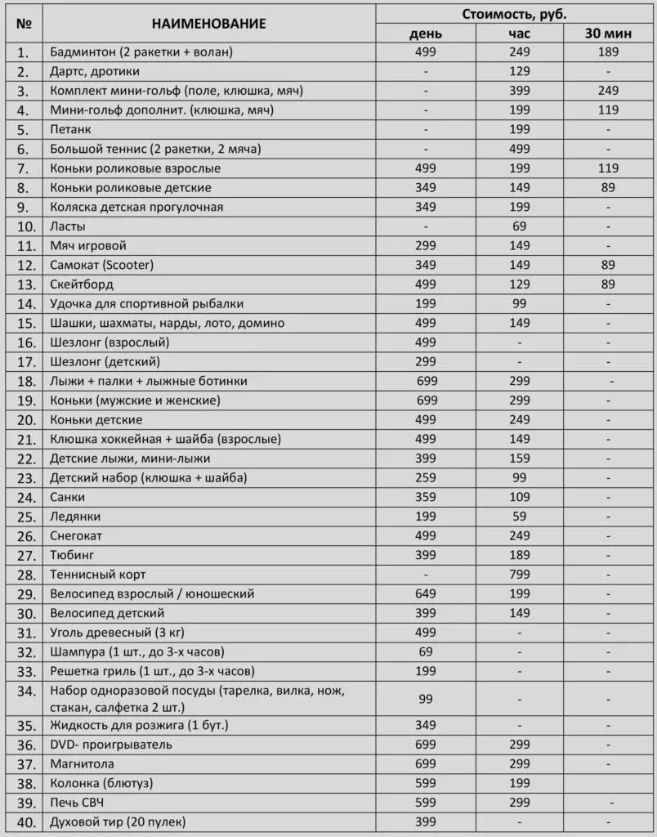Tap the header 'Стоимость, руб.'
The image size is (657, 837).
coord(514,14)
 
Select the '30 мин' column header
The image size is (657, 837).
coord(607,34)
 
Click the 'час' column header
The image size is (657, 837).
coord(520,34)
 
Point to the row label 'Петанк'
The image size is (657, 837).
coord(70,129)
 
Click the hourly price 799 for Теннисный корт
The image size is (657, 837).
coord(520,575)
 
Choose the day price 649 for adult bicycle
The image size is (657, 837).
coord(427,593)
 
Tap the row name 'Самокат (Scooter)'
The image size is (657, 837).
coord(101,265)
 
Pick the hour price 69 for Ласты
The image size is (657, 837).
coord(520,226)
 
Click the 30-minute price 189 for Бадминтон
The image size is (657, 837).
coord(607,52)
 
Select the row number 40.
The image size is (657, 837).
coord(25,821)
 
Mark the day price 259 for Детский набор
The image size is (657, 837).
coord(427,477)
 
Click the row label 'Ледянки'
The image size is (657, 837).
coord(74,517)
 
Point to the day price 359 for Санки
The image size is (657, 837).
coord(427,497)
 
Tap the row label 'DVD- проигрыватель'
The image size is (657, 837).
coord(110,745)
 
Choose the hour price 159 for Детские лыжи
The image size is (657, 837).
coord(520,459)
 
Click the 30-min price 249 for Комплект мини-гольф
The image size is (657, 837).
coord(607,91)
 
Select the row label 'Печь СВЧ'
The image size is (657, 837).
coord(78,803)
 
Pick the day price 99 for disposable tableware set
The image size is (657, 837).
coord(427,699)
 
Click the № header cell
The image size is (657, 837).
coord(25,24)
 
